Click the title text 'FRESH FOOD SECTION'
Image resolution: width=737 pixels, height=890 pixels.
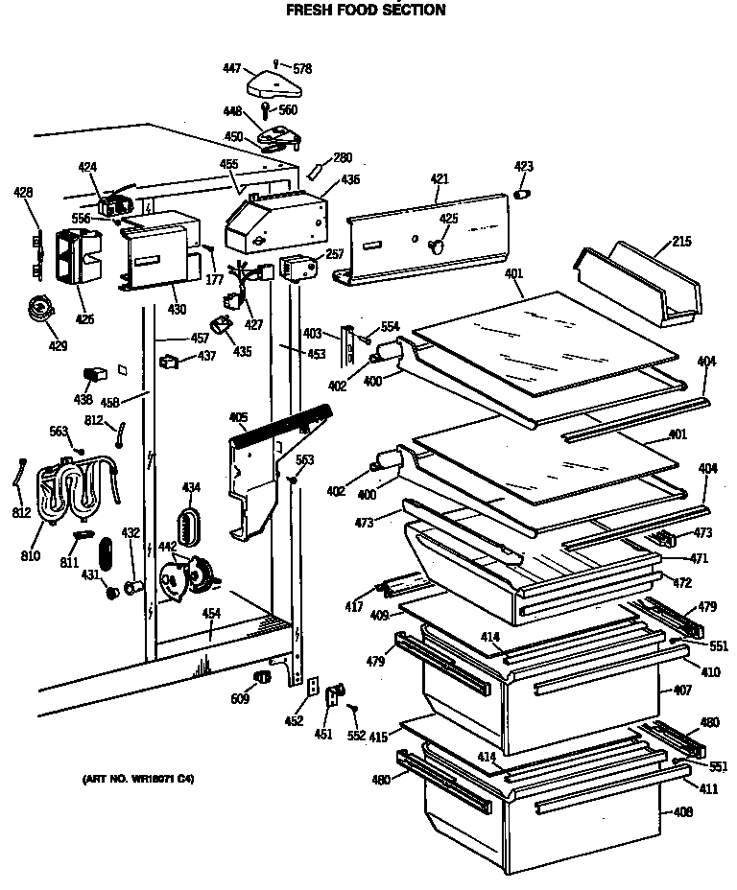(367, 11)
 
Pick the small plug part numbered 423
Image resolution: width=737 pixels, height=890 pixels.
(523, 195)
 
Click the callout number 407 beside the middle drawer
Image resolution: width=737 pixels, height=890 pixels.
(682, 690)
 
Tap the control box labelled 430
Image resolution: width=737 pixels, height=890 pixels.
(158, 254)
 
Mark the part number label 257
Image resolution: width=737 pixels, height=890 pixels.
(334, 254)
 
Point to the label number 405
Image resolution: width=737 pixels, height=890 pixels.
(238, 417)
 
